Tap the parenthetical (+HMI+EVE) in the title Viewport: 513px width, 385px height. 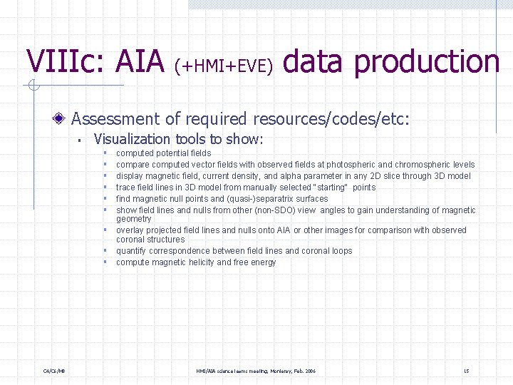coord(224,66)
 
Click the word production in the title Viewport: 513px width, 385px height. coord(427,61)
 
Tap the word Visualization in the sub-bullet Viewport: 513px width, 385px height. coord(132,139)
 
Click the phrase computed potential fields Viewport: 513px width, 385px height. coord(163,153)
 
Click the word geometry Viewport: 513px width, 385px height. coord(133,219)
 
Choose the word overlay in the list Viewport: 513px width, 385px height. coord(130,230)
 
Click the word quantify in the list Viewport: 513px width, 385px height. coord(132,251)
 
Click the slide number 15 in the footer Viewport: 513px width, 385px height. coord(466,371)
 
